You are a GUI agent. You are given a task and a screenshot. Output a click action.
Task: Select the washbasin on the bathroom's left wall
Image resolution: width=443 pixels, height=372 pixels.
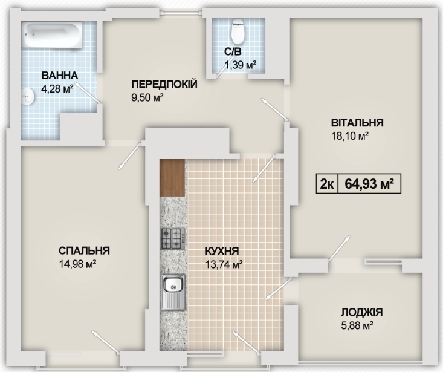tap(26, 96)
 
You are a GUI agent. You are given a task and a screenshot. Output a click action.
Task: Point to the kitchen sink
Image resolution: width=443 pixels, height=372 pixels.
tap(173, 289)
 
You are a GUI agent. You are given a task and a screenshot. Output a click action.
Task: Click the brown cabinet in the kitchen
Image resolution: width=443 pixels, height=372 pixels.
tap(172, 177)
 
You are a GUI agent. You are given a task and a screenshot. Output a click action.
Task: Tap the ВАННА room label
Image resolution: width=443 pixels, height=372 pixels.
tap(59, 76)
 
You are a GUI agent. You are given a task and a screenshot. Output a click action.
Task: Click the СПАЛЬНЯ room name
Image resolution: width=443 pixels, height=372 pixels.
tap(84, 251)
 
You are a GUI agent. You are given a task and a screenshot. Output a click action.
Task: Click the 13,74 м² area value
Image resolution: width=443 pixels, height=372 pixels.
tap(224, 264)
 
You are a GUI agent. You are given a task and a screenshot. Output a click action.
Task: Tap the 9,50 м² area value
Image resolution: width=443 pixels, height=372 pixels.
tap(148, 97)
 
